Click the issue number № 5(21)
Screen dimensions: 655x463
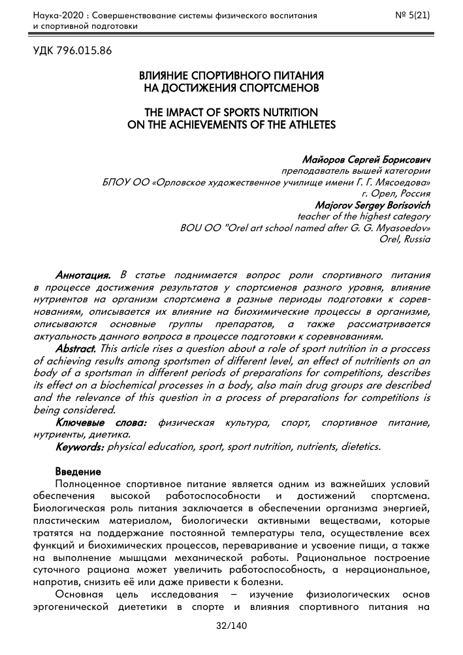[x=412, y=15]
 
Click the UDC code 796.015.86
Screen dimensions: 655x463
[x=72, y=50]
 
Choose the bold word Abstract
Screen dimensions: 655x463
[x=76, y=348]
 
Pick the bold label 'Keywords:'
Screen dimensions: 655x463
[x=80, y=447]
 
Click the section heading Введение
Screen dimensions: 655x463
[x=78, y=471]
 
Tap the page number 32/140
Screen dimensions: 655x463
[x=232, y=626]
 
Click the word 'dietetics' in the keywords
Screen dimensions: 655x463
[x=359, y=447]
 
